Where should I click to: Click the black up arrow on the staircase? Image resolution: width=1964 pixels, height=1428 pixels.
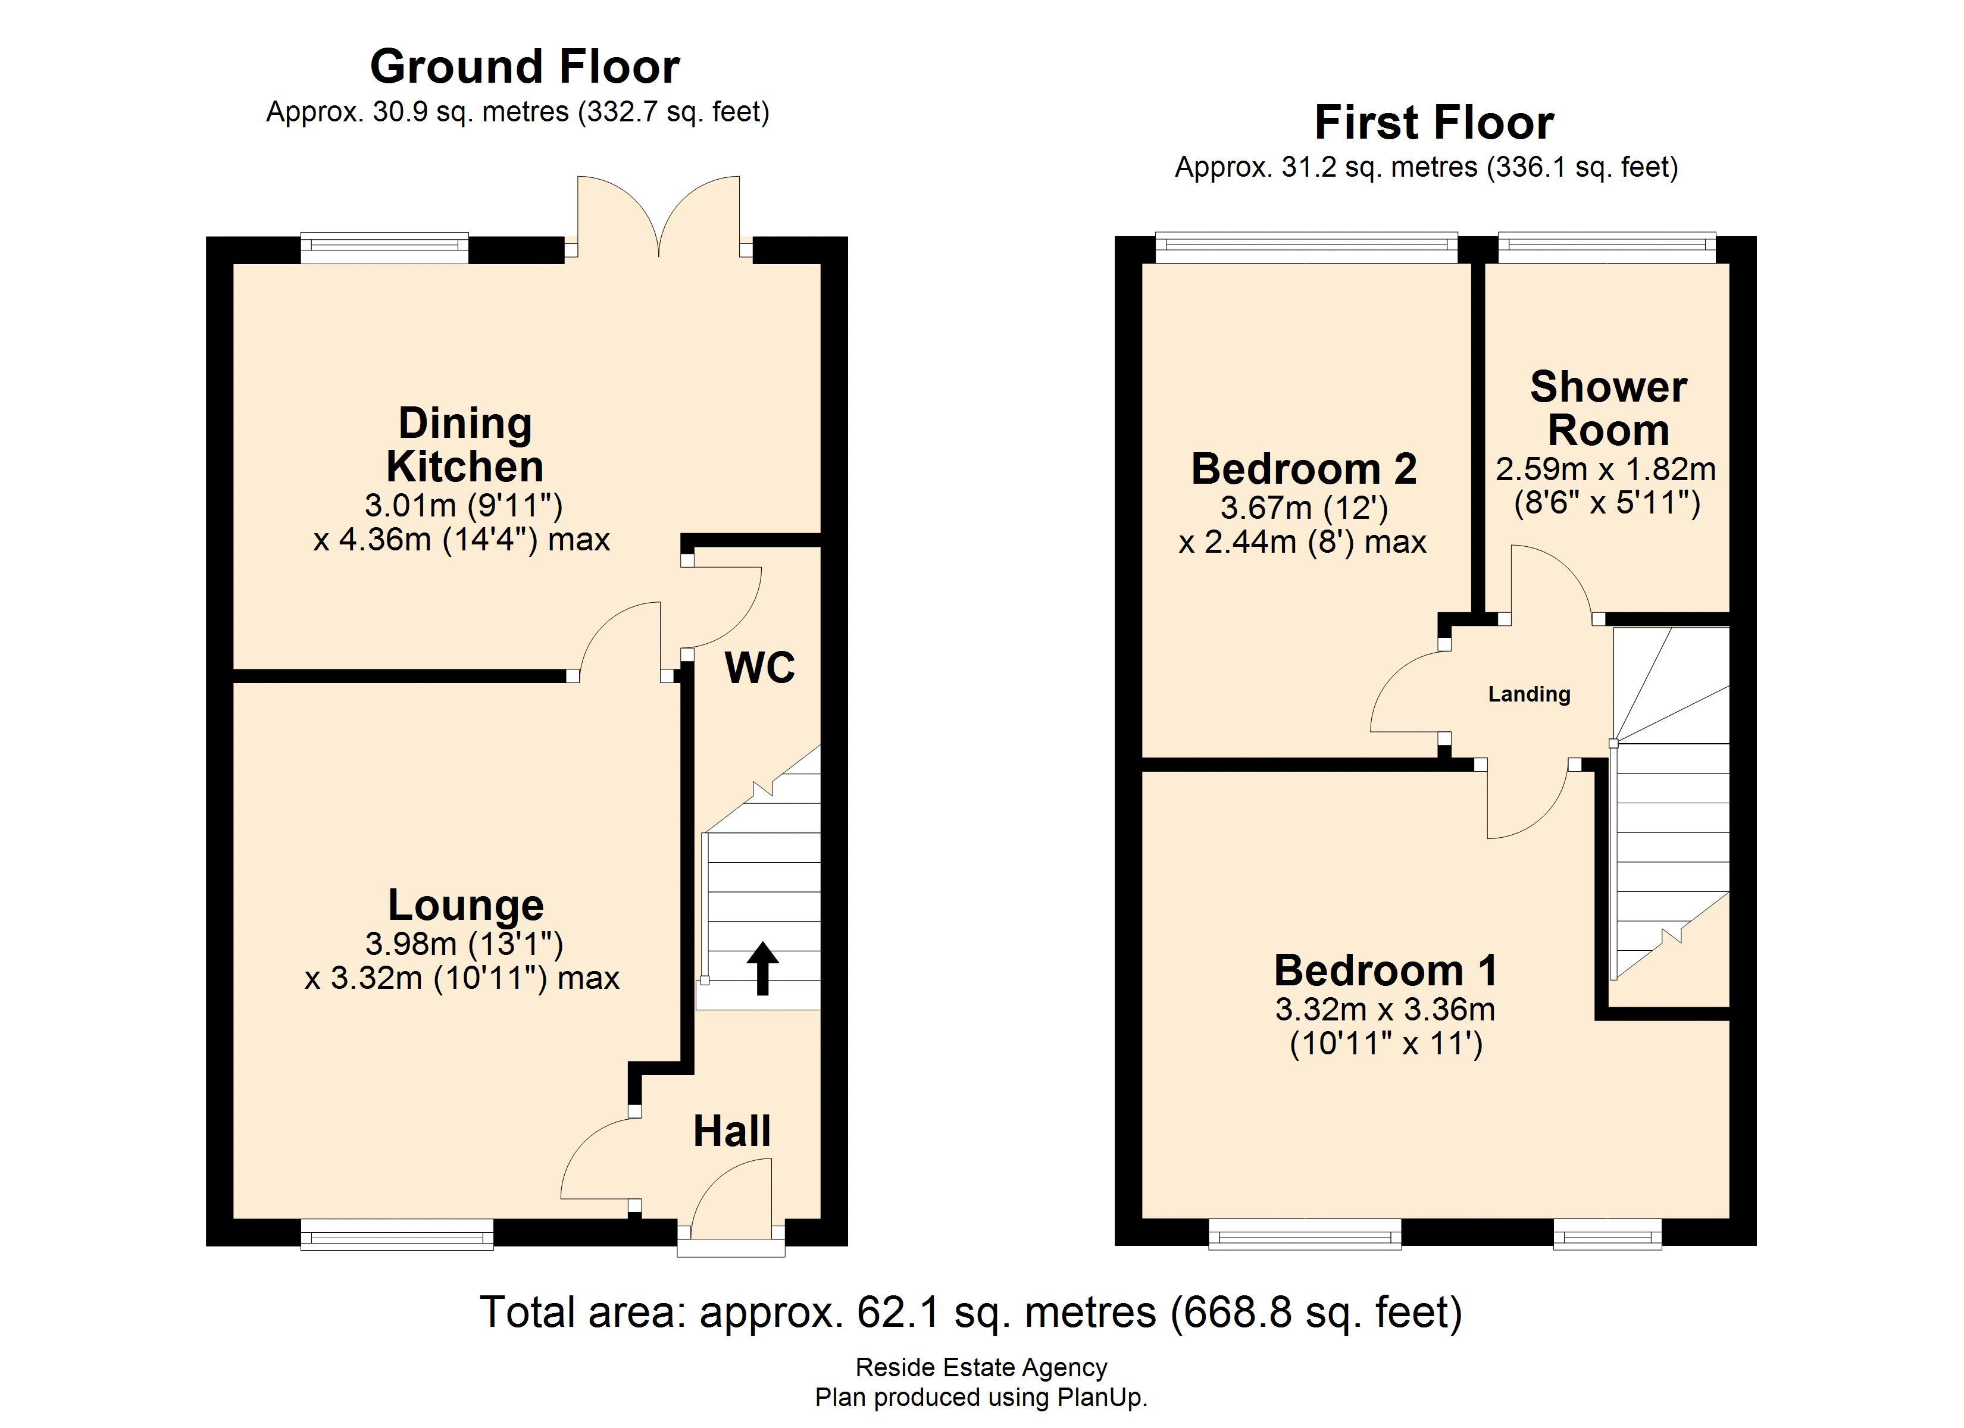762,968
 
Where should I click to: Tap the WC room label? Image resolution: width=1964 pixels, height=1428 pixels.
759,668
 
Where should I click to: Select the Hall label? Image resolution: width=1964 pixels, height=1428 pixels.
731,1131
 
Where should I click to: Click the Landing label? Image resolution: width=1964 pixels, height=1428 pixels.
1528,694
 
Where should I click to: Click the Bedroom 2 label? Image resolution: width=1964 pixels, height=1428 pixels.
1303,468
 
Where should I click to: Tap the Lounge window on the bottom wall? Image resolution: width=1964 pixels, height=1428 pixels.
396,1234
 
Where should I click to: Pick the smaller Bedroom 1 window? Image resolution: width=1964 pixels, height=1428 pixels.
1608,1234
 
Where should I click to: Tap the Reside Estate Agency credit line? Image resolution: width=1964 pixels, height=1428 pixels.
981,1367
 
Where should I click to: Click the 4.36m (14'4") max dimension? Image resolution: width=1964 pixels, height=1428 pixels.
462,540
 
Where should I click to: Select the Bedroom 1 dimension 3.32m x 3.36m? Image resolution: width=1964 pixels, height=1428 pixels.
1385,1009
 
